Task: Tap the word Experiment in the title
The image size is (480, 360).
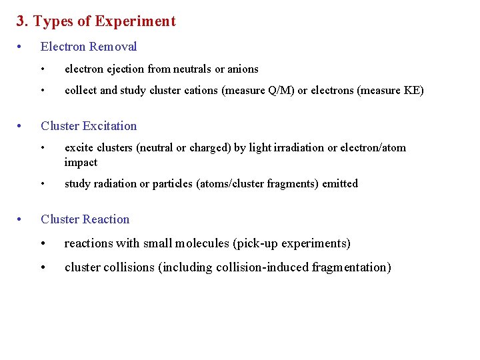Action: coord(135,21)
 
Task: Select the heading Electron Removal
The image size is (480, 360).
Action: coord(89,47)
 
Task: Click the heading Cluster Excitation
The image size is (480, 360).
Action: coord(89,126)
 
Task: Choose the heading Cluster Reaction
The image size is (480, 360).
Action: coord(85,219)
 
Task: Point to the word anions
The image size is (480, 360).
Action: coord(243,69)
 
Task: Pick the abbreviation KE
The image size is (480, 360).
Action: coord(410,91)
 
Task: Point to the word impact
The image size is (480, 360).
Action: coord(81,163)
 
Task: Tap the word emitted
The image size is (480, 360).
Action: coord(340,184)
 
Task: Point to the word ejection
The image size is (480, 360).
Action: coord(124,69)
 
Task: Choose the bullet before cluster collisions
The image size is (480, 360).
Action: coord(43,268)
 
